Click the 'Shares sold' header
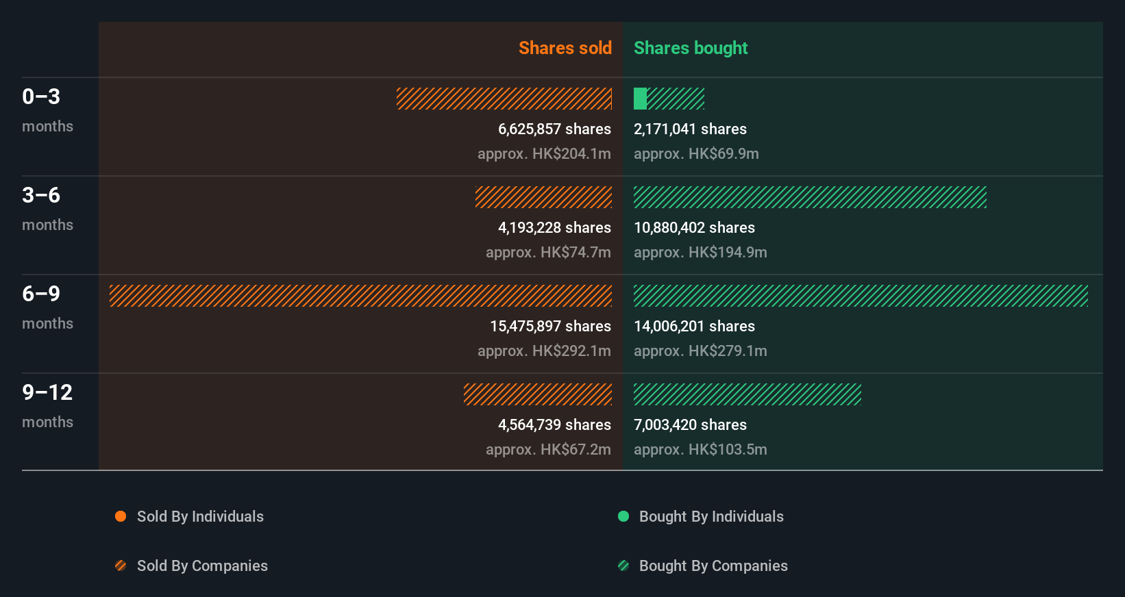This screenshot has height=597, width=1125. (x=565, y=48)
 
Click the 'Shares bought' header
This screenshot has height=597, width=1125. (x=690, y=48)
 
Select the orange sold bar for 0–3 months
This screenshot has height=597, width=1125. (x=504, y=99)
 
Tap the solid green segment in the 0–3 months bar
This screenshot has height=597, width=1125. (x=640, y=99)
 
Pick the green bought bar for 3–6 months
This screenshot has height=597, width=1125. (x=810, y=197)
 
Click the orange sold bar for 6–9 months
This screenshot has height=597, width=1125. (x=360, y=296)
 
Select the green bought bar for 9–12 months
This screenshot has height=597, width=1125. (x=747, y=394)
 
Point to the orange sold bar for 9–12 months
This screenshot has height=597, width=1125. (x=538, y=394)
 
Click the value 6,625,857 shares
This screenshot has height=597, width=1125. (x=554, y=129)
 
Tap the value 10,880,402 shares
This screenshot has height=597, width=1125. (x=694, y=227)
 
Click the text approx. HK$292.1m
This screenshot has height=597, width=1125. (x=544, y=351)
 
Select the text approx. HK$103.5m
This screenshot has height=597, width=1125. (x=700, y=449)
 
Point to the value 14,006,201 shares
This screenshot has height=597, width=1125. (x=694, y=326)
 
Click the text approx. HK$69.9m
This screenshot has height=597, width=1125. (x=696, y=153)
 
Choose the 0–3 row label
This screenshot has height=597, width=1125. (x=41, y=97)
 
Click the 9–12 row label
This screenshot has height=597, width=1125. (x=47, y=392)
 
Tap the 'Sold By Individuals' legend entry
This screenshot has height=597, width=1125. (x=200, y=516)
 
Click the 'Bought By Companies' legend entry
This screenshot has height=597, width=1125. (x=713, y=566)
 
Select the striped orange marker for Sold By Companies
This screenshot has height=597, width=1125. (x=121, y=566)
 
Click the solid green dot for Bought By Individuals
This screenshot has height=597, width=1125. (x=623, y=516)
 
